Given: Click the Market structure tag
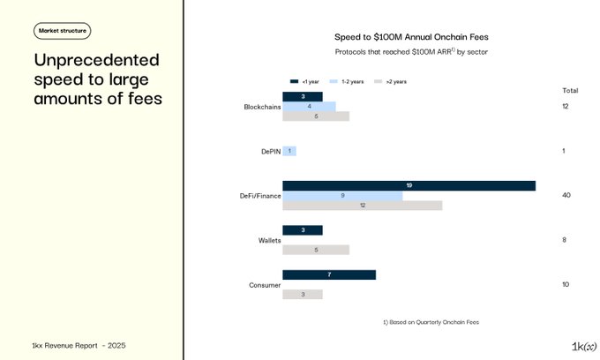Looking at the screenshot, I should (x=63, y=31).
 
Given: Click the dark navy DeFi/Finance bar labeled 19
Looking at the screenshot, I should (x=409, y=185).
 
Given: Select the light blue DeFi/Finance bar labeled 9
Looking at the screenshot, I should (x=342, y=195).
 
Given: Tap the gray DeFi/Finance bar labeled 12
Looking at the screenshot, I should (x=362, y=206).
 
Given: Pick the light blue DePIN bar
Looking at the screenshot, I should (x=289, y=151).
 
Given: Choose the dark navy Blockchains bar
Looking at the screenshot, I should (x=303, y=96).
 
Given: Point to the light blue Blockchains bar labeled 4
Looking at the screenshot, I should (x=309, y=107).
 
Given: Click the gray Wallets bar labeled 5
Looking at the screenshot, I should (x=316, y=250).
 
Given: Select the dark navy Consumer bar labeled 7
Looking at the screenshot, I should (x=329, y=274).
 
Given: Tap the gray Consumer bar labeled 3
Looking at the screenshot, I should (x=303, y=294).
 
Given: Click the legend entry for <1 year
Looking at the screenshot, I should (x=300, y=81).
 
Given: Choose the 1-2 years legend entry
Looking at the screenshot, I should (x=347, y=81).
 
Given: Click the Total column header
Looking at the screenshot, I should (x=570, y=91).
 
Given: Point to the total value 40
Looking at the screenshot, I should (x=566, y=195).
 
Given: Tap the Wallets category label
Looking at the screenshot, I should (x=268, y=240).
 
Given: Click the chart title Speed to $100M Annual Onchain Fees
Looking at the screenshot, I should (x=411, y=37).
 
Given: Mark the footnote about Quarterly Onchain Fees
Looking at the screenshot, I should (x=430, y=322).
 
